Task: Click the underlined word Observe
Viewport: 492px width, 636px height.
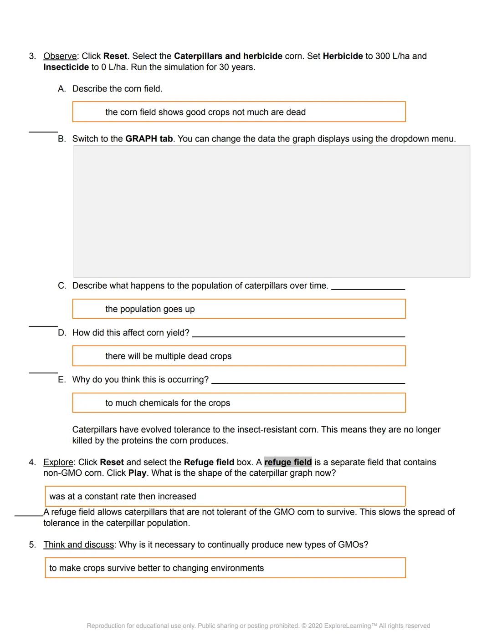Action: tap(60, 56)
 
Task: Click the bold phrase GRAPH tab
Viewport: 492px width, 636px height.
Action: tap(149, 139)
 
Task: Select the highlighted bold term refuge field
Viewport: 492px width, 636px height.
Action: tap(288, 462)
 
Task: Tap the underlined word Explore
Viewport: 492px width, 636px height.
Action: tap(58, 462)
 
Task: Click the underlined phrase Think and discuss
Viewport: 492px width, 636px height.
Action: tap(79, 544)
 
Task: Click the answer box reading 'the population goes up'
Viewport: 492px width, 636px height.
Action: tap(239, 309)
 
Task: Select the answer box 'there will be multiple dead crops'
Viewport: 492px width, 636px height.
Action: tap(239, 356)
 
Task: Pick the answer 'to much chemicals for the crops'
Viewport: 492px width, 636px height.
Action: tap(239, 403)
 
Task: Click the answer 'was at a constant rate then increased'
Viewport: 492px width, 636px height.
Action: tap(225, 496)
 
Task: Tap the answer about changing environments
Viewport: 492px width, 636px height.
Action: tap(225, 568)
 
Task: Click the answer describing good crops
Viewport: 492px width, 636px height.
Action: tap(239, 112)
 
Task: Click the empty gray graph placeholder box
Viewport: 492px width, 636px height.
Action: tap(272, 211)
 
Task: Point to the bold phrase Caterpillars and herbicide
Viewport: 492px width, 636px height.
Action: tap(228, 56)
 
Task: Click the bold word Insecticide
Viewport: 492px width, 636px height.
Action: tap(66, 67)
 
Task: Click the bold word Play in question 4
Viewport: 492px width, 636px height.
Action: tap(137, 473)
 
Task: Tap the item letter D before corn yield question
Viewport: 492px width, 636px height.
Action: tap(61, 333)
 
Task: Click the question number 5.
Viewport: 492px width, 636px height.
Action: tap(32, 544)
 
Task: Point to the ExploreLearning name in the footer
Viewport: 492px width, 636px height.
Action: tap(348, 626)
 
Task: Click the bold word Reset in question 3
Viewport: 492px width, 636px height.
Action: tap(115, 56)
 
